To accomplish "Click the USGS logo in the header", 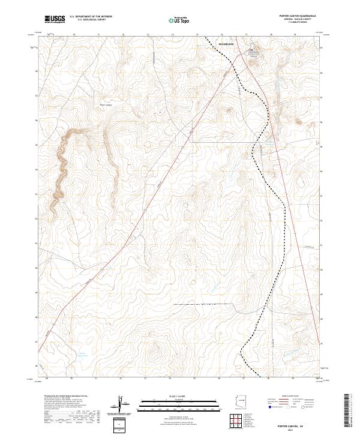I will tap(55, 20).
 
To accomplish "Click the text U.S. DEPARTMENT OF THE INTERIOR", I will tap(91, 17).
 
